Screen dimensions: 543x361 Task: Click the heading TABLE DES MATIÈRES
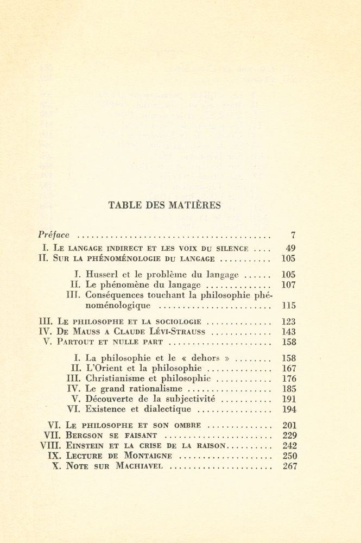[164, 205]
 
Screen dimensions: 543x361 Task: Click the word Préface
[54, 235]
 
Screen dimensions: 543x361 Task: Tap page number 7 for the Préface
[293, 236]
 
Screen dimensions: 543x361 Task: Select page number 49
[290, 248]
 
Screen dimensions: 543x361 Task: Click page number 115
[289, 306]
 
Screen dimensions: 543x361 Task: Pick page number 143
[289, 332]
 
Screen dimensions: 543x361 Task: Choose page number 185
[289, 389]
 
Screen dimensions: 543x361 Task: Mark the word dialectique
[166, 409]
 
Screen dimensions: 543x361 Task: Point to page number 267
[289, 466]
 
